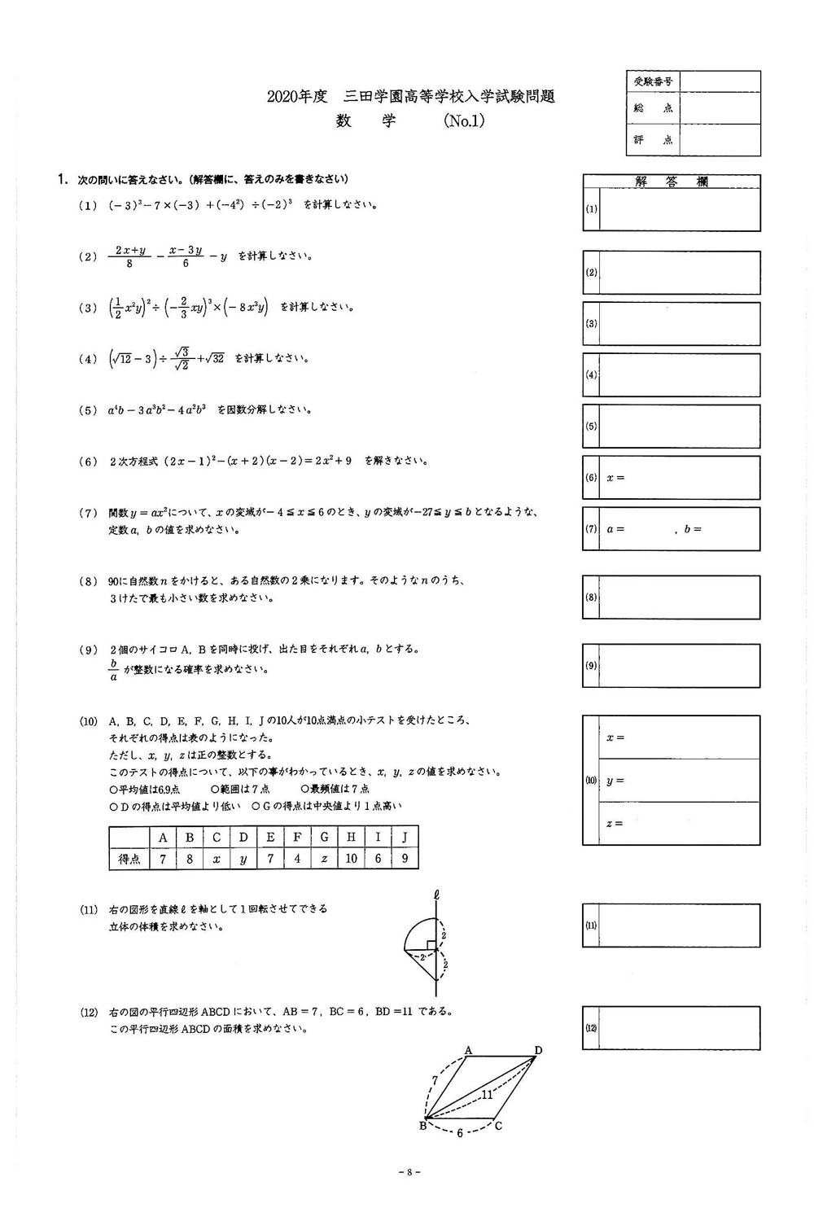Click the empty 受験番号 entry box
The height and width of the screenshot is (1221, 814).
tap(720, 82)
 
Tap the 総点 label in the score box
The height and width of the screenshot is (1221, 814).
tap(652, 108)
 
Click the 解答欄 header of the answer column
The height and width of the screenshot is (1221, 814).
tap(672, 182)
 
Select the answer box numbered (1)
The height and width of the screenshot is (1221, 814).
tap(679, 209)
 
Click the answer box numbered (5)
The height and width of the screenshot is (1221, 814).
tap(679, 426)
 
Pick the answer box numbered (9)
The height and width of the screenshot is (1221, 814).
tap(679, 666)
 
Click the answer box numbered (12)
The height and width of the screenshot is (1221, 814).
tap(679, 1028)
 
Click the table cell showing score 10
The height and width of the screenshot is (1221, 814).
tap(351, 859)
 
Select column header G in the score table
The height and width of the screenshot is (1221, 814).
tap(324, 838)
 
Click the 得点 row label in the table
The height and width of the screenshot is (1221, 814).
tap(129, 859)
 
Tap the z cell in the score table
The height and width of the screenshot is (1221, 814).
tap(324, 859)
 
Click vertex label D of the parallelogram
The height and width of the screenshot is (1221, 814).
tap(537, 1050)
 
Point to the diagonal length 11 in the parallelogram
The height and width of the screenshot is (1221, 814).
tap(487, 1094)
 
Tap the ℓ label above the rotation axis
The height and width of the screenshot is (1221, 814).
tap(437, 895)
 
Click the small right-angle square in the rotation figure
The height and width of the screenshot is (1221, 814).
tap(431, 946)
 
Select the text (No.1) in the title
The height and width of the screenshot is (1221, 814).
tap(464, 120)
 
